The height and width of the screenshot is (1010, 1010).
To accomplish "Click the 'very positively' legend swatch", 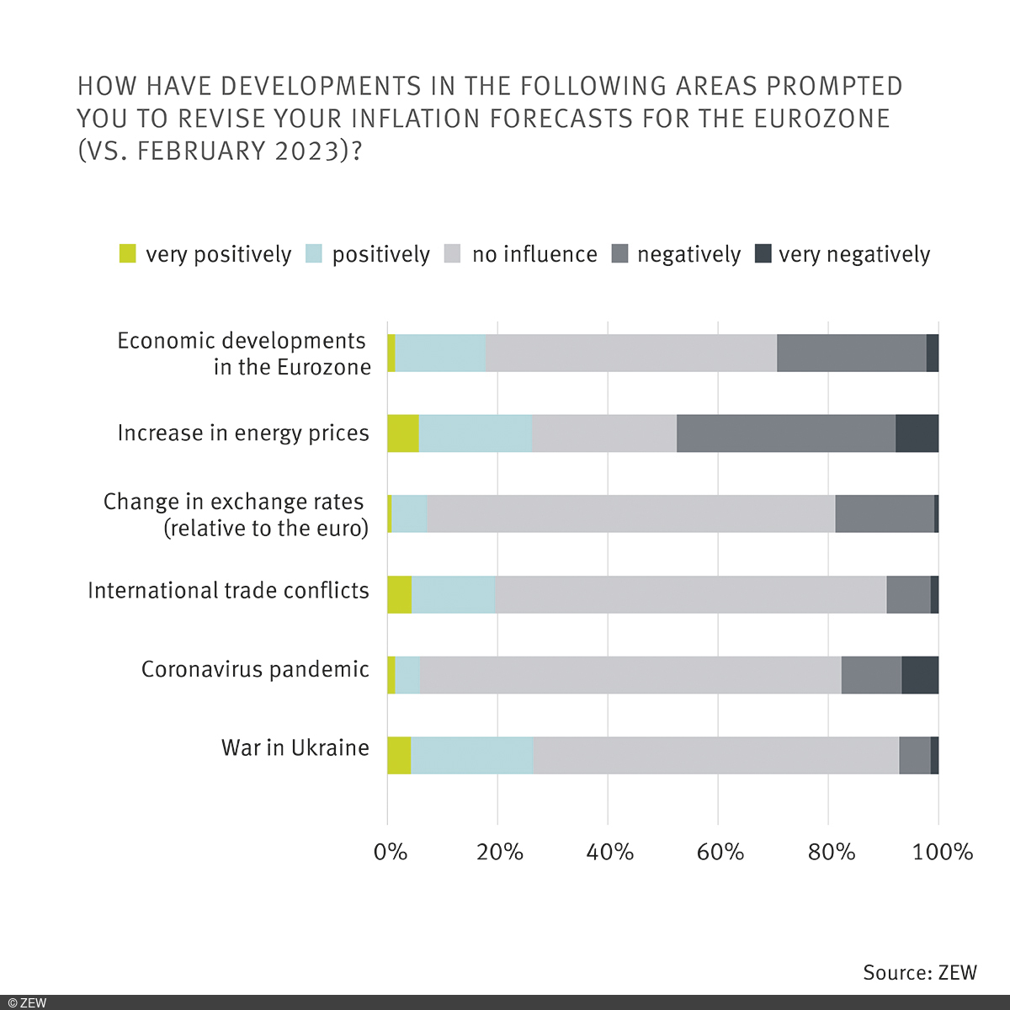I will pyautogui.click(x=127, y=253).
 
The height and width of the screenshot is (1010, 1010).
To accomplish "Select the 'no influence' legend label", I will pyautogui.click(x=534, y=254).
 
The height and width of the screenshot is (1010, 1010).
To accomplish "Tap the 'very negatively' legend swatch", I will pyautogui.click(x=763, y=253).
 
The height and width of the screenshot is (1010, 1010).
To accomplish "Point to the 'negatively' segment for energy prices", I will pyautogui.click(x=785, y=433).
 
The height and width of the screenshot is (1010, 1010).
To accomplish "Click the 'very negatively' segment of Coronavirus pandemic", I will pyautogui.click(x=920, y=675).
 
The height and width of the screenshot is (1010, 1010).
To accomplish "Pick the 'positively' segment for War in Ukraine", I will pyautogui.click(x=471, y=755).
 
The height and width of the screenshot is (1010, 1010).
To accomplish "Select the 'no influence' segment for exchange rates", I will pyautogui.click(x=630, y=513).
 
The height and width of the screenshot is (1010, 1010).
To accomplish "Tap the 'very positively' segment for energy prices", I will pyautogui.click(x=402, y=433).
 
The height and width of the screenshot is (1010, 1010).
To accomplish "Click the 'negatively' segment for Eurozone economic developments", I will pyautogui.click(x=851, y=353).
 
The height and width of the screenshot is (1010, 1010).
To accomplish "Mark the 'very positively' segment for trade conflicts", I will pyautogui.click(x=399, y=594).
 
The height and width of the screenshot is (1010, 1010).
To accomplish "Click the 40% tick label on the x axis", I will pyautogui.click(x=609, y=852).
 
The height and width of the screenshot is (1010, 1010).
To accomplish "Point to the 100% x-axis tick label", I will pyautogui.click(x=943, y=852).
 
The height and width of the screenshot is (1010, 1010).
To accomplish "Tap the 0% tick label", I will pyautogui.click(x=390, y=852).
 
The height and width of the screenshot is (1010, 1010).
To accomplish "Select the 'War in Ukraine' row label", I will pyautogui.click(x=295, y=747).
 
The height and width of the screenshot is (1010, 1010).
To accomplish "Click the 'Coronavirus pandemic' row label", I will pyautogui.click(x=255, y=669).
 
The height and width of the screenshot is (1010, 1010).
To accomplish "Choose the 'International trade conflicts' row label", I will pyautogui.click(x=228, y=590).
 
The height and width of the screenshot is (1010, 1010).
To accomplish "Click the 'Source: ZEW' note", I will pyautogui.click(x=920, y=972).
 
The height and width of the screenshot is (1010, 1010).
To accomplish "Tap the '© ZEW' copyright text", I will pyautogui.click(x=28, y=1002).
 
